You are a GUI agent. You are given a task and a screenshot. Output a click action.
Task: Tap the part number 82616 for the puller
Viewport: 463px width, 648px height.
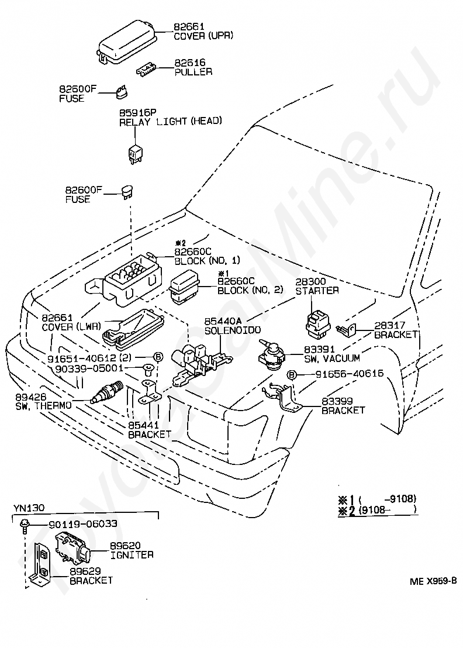tap(189, 63)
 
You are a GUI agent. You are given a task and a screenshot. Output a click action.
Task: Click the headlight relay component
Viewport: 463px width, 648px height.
tap(136, 153)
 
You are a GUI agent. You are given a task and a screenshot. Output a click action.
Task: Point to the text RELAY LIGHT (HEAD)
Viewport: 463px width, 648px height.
tap(171, 121)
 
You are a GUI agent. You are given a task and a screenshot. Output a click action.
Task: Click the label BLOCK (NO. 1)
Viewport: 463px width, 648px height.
tap(207, 261)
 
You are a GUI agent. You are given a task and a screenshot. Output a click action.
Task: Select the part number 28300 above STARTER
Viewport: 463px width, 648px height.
tap(310, 281)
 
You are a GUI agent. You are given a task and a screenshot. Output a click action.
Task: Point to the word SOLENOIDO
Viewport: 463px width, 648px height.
tap(233, 330)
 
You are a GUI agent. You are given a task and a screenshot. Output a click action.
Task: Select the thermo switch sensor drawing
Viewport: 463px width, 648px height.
tap(107, 392)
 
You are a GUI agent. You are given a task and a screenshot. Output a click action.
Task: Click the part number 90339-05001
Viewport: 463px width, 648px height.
tap(89, 368)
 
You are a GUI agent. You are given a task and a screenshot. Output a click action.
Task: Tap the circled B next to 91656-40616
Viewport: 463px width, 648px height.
tap(292, 375)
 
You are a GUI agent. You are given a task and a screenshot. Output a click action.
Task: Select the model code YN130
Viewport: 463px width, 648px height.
tap(29, 508)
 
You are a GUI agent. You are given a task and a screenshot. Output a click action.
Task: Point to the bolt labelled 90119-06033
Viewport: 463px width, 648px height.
tap(25, 525)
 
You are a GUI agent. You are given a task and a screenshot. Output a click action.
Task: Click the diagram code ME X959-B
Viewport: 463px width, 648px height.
tap(433, 581)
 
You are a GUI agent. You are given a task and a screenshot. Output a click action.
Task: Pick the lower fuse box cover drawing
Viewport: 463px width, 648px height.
tap(133, 328)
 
